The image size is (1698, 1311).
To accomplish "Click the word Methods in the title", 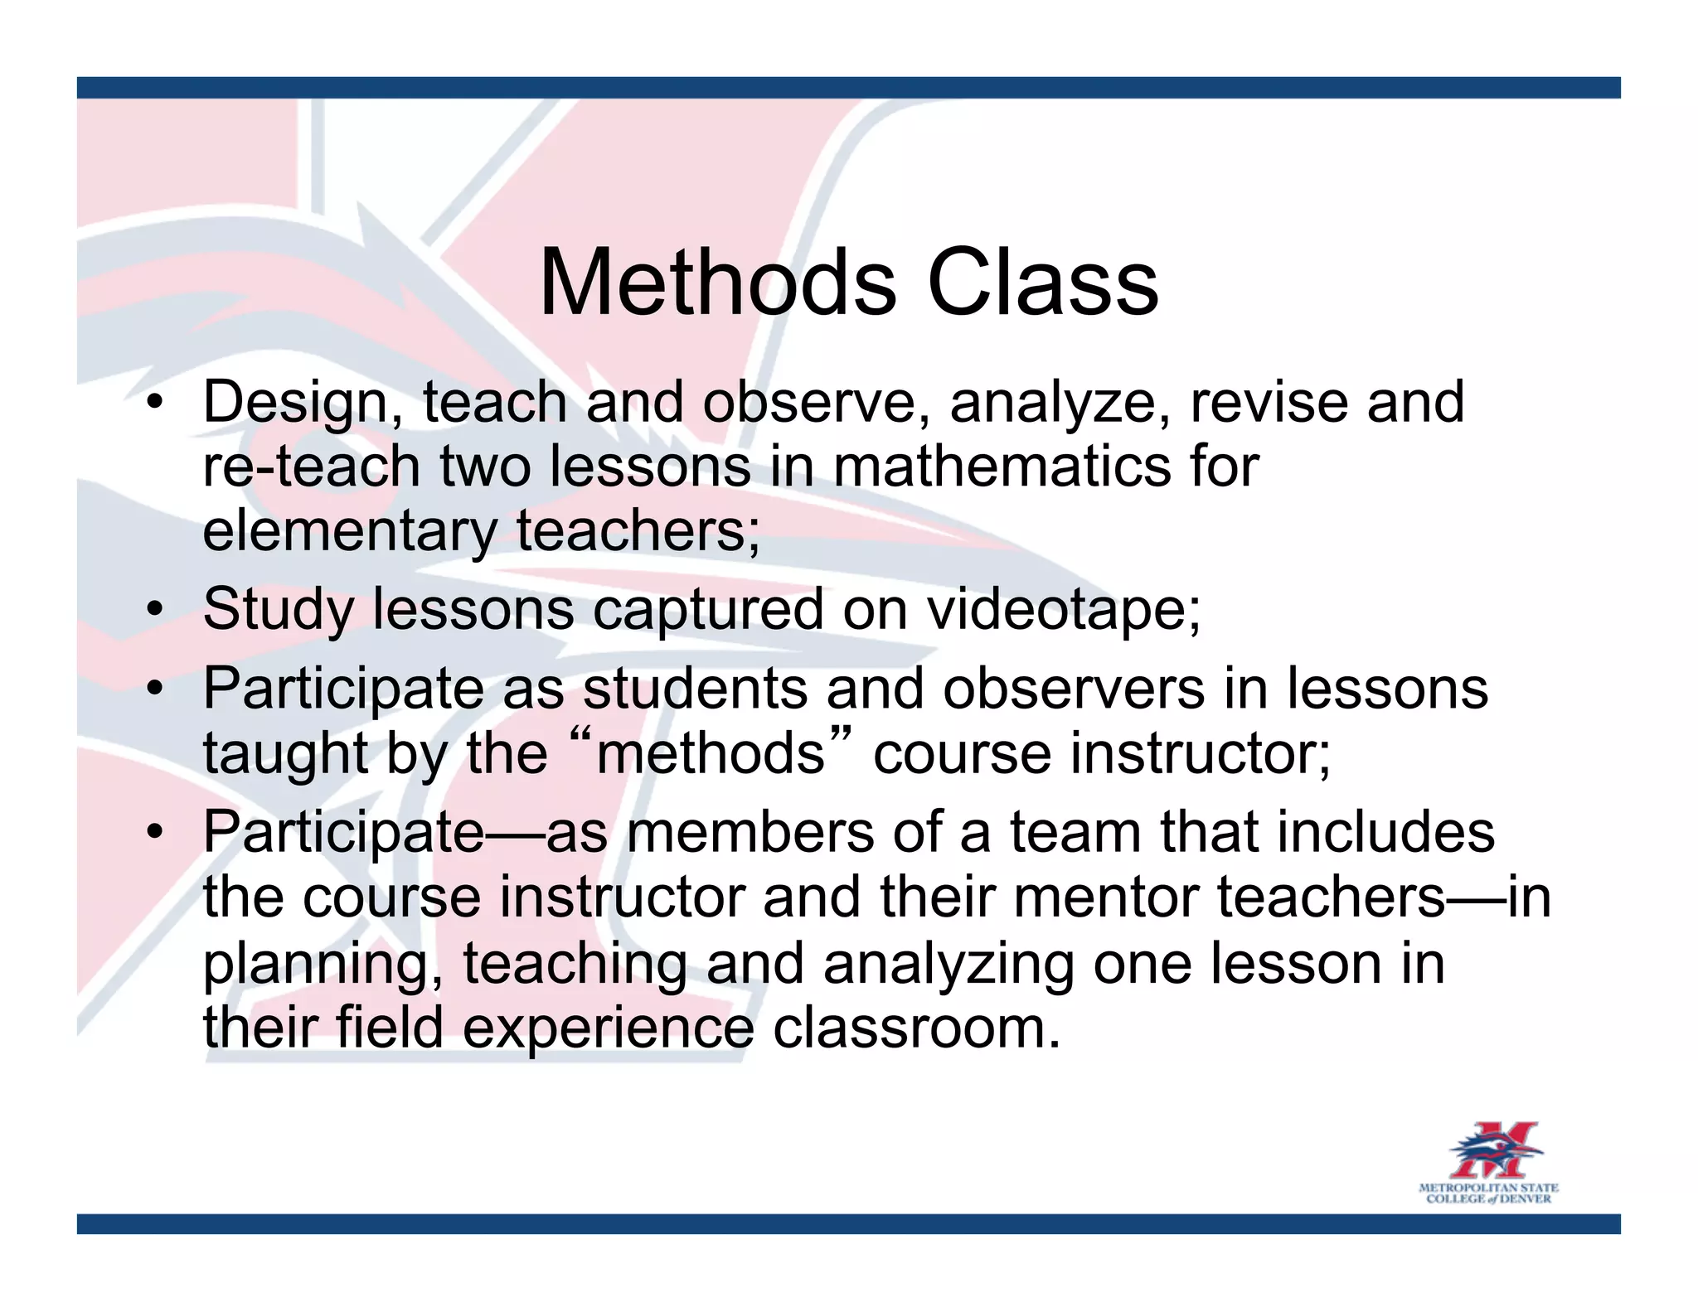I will point(717,283).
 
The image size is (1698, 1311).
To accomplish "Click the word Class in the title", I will point(1042,283).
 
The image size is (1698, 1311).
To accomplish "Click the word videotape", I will point(1062,610).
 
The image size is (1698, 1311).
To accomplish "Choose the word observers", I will point(1074,689).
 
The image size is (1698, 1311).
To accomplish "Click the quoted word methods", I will point(711,754).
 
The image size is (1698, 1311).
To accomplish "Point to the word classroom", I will point(917,1028).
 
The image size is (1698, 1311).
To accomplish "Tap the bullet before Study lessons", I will point(153,610).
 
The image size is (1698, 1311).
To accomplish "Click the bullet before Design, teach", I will point(153,404).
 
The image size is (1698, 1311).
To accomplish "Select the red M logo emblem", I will point(1492,1149).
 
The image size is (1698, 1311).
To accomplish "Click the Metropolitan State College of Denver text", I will point(1488,1193).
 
